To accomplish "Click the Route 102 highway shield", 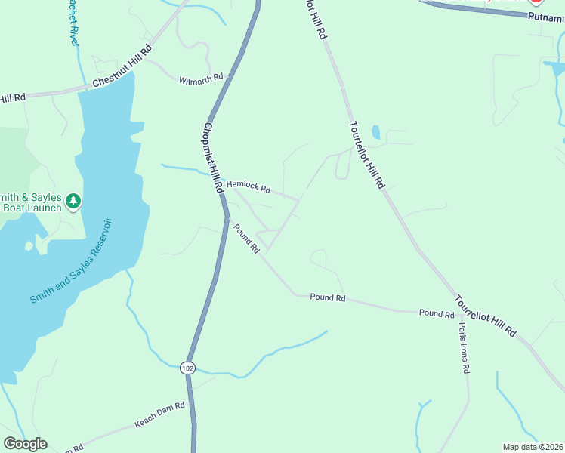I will tap(187, 368).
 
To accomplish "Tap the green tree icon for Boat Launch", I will tap(73, 201).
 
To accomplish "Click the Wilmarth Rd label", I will tap(201, 79).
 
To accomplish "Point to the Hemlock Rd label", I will tap(249, 186).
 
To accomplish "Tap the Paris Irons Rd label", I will tap(464, 348).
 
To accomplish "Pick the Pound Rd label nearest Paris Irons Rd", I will tap(436, 313).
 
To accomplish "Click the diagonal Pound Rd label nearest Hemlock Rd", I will tap(247, 238).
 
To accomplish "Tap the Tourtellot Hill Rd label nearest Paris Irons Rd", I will tap(486, 313).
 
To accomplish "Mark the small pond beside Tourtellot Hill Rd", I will tap(375, 133).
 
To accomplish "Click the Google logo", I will tap(25, 444).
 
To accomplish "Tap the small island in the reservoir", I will tap(29, 245).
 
